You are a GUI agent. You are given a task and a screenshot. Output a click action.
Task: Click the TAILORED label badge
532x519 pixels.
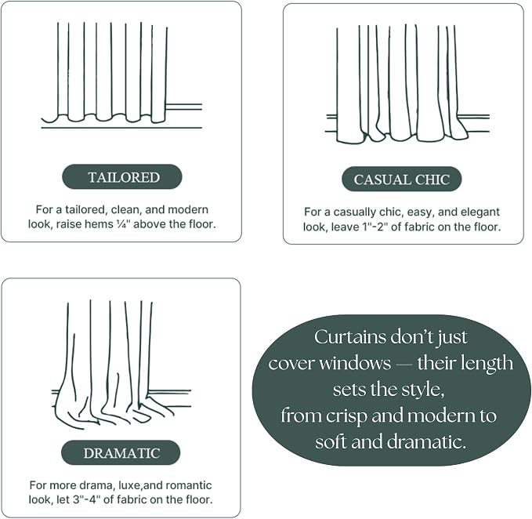122,177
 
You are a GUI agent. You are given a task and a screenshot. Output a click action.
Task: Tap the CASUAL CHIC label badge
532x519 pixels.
402,180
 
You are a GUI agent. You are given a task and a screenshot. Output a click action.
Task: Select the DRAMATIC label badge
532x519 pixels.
121,453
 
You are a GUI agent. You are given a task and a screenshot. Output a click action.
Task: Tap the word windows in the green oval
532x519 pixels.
355,363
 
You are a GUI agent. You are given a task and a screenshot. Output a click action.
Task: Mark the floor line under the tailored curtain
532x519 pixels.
121,128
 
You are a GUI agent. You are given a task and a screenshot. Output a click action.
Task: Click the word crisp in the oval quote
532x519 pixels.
347,416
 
